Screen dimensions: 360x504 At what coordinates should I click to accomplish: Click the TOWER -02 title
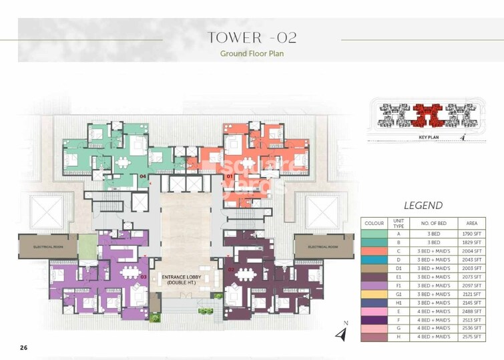[x=252, y=37]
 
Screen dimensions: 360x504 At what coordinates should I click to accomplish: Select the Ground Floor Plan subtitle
[x=252, y=53]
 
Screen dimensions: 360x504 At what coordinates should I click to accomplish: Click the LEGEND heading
[x=423, y=206]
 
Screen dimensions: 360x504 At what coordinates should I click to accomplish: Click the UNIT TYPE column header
[x=399, y=222]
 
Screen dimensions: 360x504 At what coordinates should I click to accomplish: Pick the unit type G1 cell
[x=399, y=294]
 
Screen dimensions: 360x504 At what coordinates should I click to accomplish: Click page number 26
[x=24, y=348]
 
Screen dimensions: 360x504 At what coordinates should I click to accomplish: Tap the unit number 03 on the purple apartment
[x=143, y=276]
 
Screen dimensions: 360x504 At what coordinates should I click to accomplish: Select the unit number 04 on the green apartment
[x=143, y=176]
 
